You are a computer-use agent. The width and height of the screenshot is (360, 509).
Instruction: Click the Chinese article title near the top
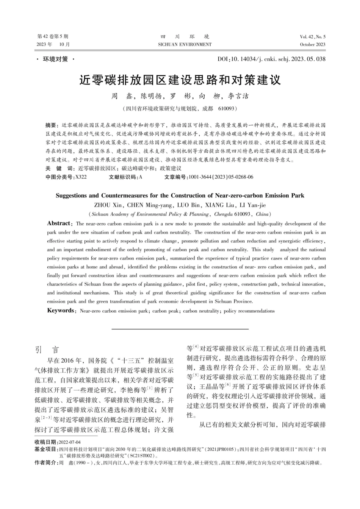point(180,80)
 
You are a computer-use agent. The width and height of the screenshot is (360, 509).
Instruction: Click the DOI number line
point(271,59)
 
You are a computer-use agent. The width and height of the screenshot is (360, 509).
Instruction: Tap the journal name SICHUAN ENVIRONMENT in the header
point(185,44)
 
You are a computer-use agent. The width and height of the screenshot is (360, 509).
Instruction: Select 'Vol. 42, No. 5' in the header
point(313,37)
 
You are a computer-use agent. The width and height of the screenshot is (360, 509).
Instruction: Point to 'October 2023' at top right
point(313,44)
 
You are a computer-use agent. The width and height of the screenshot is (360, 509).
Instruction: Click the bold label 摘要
point(51,125)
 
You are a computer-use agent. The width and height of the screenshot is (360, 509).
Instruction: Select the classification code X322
point(81,177)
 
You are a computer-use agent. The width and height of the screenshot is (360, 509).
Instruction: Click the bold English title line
point(180,196)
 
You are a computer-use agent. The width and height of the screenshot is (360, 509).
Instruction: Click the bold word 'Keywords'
point(61,311)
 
